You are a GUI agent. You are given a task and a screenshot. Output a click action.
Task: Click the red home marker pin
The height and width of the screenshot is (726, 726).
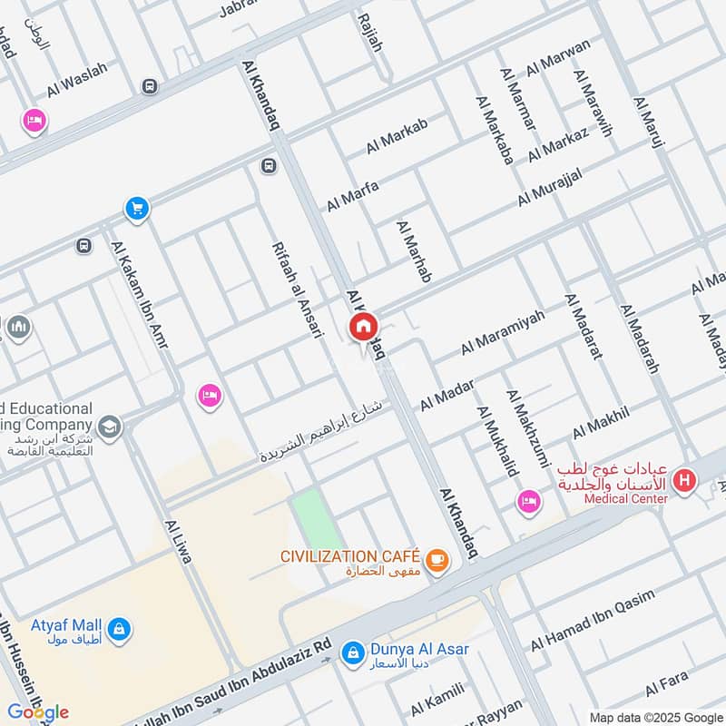[363, 328]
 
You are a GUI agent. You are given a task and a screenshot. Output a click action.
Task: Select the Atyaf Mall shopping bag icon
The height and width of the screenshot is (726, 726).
[118, 628]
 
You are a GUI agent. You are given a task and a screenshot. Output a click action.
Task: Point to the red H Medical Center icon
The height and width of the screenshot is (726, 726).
[685, 479]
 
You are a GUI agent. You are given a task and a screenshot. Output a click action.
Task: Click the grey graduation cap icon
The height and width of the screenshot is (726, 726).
[109, 426]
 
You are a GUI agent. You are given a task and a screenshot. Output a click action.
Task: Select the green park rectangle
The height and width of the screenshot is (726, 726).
[311, 517]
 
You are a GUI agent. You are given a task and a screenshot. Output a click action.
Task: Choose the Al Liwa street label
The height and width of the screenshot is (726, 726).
[178, 542]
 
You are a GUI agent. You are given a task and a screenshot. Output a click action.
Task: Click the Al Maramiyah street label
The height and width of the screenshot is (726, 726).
[503, 332]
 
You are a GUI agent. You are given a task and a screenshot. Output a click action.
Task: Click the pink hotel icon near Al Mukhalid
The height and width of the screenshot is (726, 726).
[527, 501]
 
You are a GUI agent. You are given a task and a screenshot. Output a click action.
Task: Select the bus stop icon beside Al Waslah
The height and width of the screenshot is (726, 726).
[148, 86]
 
